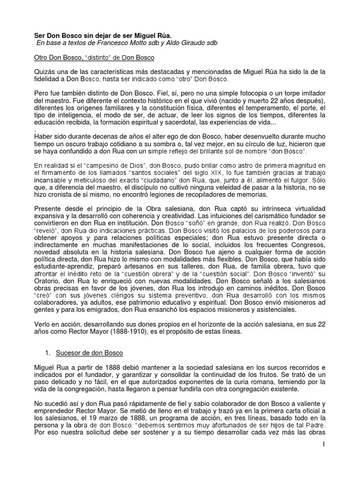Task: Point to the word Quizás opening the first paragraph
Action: coord(46,72)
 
